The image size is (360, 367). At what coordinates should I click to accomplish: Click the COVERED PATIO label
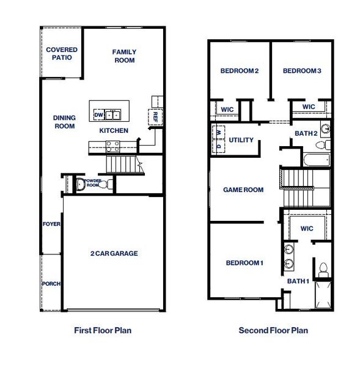coord(61,53)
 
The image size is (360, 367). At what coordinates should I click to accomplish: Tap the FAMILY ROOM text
coord(124,56)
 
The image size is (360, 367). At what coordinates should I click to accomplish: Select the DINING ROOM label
coord(64,122)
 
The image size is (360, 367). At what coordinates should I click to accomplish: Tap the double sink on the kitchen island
coord(113,114)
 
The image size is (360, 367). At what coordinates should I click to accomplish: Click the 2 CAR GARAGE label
coord(114,253)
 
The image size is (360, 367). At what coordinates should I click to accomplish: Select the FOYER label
coord(51,224)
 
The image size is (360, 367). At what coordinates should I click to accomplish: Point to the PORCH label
coord(51,284)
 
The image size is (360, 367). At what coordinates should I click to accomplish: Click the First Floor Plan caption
coord(103,330)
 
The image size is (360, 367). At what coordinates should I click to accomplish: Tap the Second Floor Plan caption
coord(273,330)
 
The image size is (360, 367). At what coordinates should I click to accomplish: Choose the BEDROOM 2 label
coord(240,71)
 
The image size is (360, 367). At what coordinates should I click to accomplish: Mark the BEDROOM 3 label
coord(302,71)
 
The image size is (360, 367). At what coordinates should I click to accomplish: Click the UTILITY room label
coord(241,140)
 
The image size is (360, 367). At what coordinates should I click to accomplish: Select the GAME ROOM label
coord(243,190)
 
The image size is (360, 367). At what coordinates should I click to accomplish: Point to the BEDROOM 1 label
coord(244,263)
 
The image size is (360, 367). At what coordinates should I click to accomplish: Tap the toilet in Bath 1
coord(322,269)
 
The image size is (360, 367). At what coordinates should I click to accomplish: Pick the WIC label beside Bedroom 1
coord(307,228)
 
